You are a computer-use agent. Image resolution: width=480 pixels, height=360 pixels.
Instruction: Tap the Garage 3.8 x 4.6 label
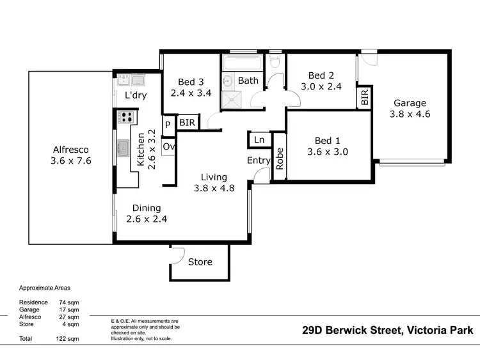[410, 109]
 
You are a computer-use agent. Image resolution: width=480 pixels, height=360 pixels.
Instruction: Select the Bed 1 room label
[324, 146]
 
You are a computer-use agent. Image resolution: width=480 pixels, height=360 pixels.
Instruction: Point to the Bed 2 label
[321, 81]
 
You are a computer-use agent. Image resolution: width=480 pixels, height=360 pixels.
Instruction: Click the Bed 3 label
[191, 87]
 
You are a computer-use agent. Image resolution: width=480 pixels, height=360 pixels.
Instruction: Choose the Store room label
[200, 262]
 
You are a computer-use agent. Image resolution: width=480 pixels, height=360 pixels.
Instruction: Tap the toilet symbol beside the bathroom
[275, 61]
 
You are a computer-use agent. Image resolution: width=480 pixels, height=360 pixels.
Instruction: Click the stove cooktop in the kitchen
[126, 117]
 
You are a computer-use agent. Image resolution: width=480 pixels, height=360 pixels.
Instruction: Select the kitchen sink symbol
[124, 150]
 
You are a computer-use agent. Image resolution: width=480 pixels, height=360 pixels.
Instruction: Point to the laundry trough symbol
[131, 80]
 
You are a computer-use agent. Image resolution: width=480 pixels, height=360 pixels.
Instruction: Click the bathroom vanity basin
[228, 81]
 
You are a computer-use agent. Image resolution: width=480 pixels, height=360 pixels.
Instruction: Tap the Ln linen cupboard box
[259, 140]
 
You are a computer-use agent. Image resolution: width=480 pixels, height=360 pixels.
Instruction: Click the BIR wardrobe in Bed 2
[364, 97]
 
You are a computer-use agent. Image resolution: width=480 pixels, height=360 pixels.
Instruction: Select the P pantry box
[168, 125]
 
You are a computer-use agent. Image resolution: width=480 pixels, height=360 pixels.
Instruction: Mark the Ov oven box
[168, 146]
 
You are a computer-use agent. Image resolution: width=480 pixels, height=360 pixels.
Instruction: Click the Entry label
[259, 160]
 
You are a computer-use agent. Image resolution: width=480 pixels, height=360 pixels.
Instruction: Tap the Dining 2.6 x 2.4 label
[147, 214]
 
